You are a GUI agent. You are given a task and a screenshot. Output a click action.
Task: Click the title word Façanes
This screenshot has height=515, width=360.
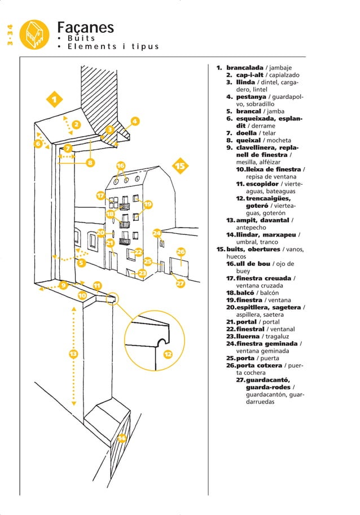click(86, 28)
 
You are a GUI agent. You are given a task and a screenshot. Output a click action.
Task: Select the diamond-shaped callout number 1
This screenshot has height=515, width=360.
click(54, 100)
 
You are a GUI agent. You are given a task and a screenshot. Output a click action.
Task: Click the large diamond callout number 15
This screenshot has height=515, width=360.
click(180, 167)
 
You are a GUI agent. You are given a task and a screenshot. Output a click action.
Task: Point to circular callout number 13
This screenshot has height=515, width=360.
click(73, 354)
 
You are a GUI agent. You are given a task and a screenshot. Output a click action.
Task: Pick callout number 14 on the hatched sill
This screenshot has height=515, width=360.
click(121, 438)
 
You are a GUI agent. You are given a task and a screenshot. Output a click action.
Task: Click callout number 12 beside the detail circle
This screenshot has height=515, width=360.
click(168, 354)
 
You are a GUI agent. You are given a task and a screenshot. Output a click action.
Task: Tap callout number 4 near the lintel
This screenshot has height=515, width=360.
click(134, 121)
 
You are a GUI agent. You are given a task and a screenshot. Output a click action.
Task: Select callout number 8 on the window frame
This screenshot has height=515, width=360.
click(89, 164)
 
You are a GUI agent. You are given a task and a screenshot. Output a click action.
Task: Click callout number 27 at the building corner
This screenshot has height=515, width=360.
click(180, 283)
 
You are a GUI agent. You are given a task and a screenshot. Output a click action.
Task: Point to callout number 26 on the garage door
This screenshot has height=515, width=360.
click(181, 252)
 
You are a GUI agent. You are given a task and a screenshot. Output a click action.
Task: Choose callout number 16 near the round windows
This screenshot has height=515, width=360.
click(120, 165)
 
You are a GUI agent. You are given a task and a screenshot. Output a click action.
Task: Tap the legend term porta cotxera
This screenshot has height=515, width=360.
click(257, 366)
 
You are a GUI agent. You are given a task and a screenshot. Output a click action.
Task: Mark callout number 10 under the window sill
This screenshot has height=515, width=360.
click(82, 295)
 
